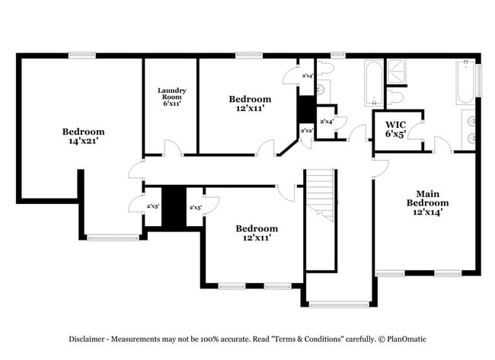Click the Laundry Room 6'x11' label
point(171,97)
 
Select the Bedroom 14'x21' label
point(83,136)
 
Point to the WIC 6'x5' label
point(395,129)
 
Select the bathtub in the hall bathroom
point(372,83)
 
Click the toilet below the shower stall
point(395,97)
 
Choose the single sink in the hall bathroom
point(321,90)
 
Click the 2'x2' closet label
point(307,131)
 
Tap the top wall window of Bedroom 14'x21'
point(81,55)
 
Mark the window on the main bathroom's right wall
point(479,79)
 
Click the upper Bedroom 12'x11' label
point(250,104)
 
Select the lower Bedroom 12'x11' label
point(256,233)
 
